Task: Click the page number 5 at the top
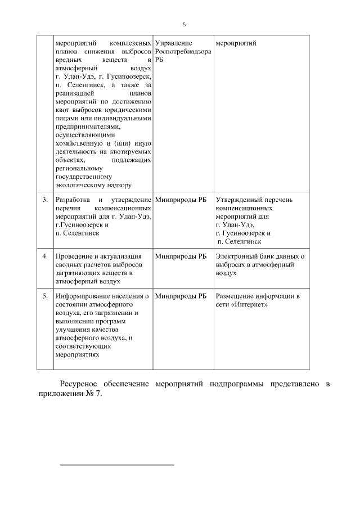[x=184, y=24]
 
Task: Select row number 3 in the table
[x=45, y=200]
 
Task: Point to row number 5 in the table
[x=45, y=295]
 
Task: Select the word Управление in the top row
[x=173, y=43]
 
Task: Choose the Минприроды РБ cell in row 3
[x=180, y=200]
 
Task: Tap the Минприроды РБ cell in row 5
[x=180, y=295]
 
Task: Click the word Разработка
[x=74, y=200]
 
